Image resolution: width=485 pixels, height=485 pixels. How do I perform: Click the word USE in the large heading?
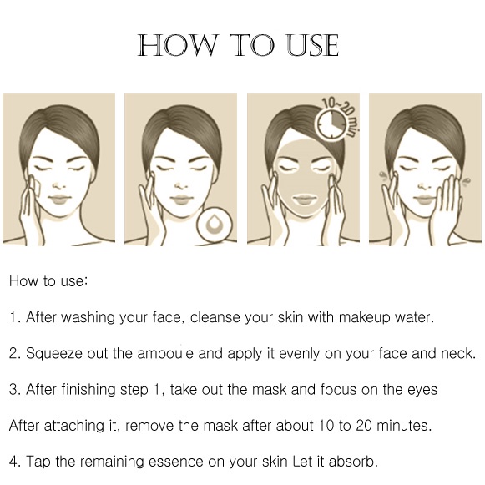pyautogui.click(x=312, y=45)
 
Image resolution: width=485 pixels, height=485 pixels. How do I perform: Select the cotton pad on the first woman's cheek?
pyautogui.click(x=36, y=187)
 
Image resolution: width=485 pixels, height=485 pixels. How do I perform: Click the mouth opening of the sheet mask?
pyautogui.click(x=304, y=200)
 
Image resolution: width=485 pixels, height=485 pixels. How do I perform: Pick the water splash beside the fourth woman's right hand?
pyautogui.click(x=466, y=180)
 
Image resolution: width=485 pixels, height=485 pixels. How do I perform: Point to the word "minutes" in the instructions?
pyautogui.click(x=404, y=426)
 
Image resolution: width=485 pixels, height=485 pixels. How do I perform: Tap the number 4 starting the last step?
pyautogui.click(x=13, y=462)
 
